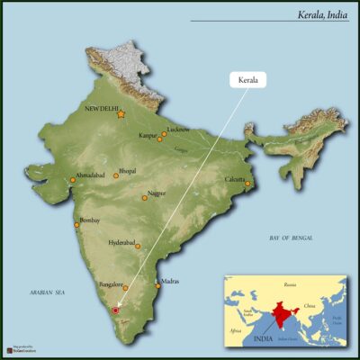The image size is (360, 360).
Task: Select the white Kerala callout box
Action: point(248,80)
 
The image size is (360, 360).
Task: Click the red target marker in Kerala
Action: point(114,310)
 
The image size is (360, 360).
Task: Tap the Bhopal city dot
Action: point(116,175)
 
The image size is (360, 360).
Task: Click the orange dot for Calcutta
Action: point(247,184)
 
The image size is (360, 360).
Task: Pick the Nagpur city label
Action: point(158,192)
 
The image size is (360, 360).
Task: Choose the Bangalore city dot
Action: point(124,289)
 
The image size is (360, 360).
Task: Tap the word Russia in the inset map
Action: point(289,284)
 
